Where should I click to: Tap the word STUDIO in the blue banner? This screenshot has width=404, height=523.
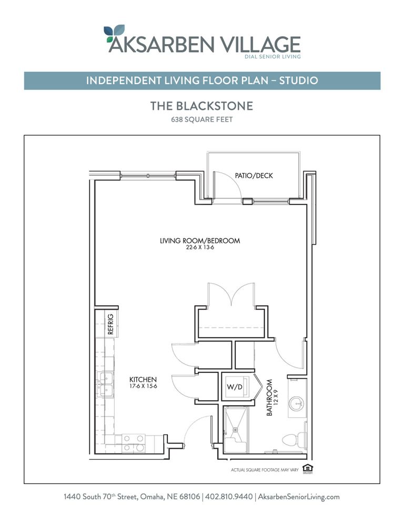pos(298,81)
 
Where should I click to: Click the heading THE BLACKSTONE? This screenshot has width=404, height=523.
pos(201,106)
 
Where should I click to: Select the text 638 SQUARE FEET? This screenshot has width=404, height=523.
pos(201,119)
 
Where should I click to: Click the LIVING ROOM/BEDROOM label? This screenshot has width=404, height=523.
pos(200,241)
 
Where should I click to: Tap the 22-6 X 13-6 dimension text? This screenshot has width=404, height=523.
pos(200,247)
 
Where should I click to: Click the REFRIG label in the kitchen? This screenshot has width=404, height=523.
pos(111,324)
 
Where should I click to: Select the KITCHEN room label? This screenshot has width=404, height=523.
pos(143,379)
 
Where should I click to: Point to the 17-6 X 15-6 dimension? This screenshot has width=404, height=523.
pos(143,386)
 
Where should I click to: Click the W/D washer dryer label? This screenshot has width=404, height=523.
pos(235,388)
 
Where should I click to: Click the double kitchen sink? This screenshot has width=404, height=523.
pos(105,384)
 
